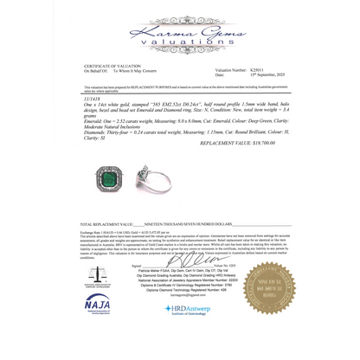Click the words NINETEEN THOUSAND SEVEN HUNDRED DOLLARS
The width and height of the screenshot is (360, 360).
click(x=183, y=223)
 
